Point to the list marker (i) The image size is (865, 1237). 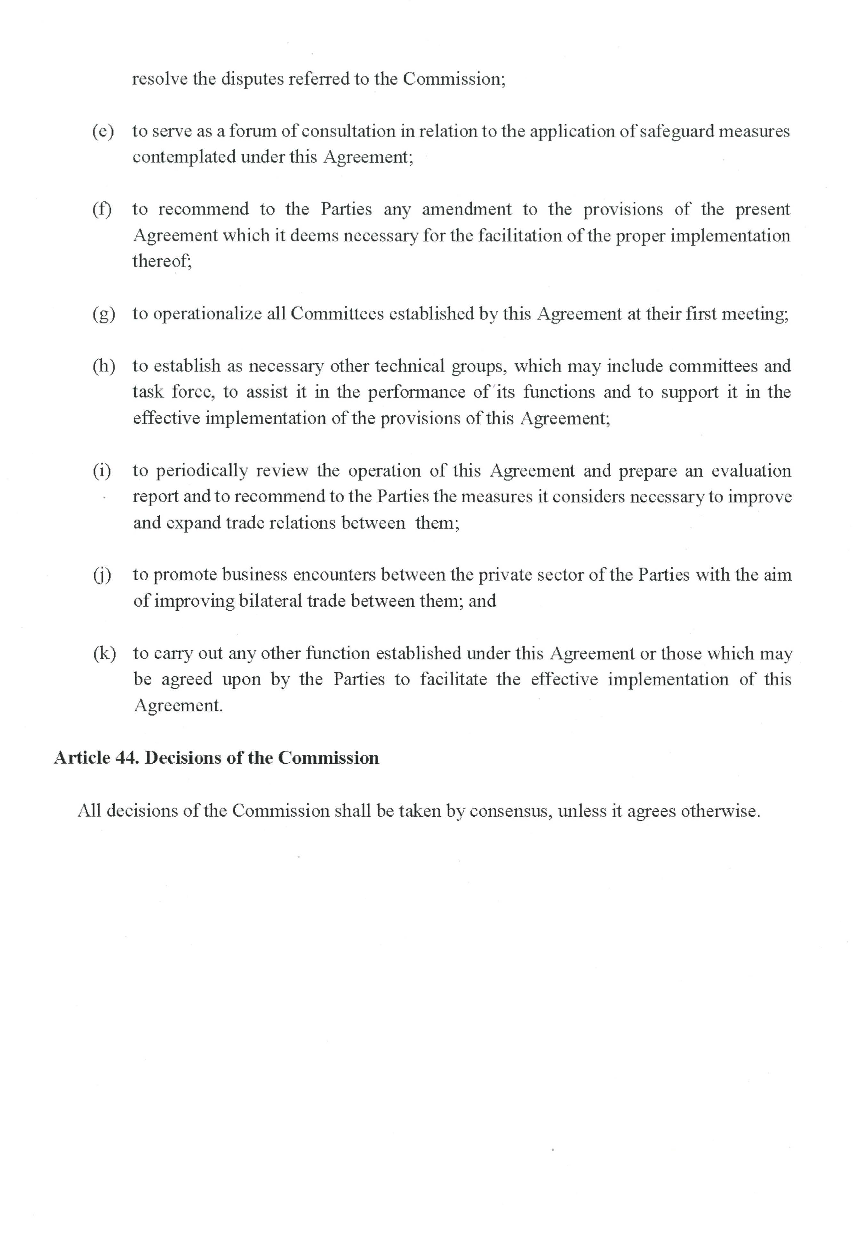pyautogui.click(x=102, y=471)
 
